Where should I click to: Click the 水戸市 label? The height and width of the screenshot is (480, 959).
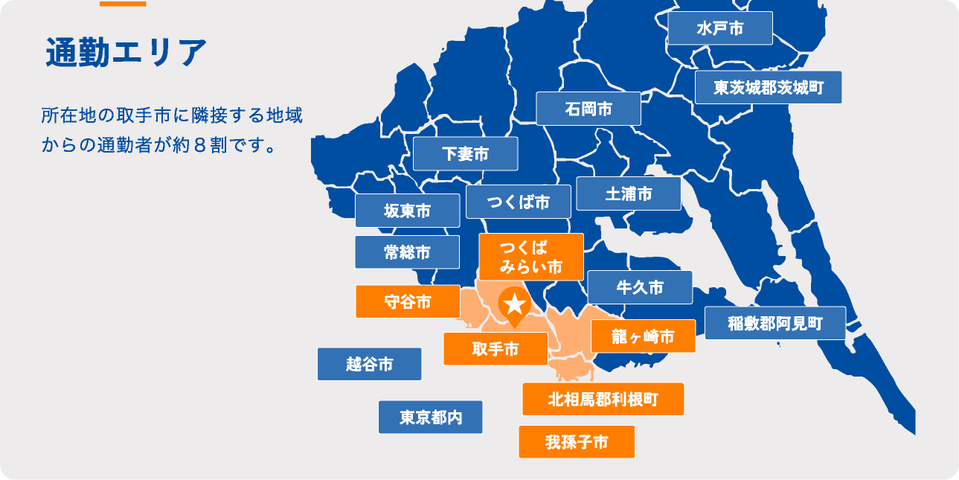(719, 29)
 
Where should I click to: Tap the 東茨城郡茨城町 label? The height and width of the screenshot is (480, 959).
(769, 88)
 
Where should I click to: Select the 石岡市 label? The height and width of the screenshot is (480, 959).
(588, 109)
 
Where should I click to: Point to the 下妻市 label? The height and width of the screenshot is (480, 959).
(465, 154)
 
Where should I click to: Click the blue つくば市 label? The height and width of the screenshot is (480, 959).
(519, 202)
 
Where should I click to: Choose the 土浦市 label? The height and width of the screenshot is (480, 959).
(629, 193)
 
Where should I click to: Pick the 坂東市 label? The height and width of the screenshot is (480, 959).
(407, 211)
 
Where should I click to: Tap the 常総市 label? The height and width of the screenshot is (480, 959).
(407, 252)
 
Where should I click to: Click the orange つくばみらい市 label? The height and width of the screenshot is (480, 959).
(530, 257)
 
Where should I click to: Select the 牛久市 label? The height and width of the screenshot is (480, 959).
(640, 287)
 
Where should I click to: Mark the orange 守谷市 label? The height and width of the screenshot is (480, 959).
(408, 301)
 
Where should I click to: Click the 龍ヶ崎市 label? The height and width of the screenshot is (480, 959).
(643, 336)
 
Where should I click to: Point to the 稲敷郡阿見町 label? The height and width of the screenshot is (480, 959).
(775, 324)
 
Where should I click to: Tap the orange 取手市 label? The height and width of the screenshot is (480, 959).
(495, 348)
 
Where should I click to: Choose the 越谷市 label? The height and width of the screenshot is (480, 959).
(370, 364)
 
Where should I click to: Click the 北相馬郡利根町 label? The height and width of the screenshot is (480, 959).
(603, 399)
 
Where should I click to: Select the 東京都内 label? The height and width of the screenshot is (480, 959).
(430, 417)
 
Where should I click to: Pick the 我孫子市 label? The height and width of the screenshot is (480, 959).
(577, 442)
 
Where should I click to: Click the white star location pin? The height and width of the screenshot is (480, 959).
(514, 304)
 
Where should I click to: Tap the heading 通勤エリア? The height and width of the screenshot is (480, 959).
(126, 52)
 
